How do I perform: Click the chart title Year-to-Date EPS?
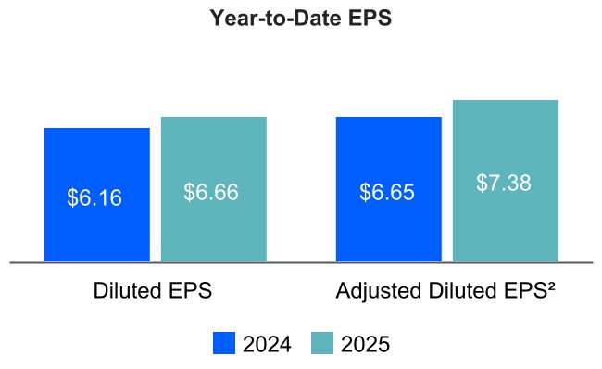pos(301,19)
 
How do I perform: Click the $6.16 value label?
pos(94,197)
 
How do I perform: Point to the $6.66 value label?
pos(211,192)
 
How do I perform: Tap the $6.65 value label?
pos(387,193)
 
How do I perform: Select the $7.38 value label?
pos(504,183)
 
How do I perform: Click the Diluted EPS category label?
pos(153,290)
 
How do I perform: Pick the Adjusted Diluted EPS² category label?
pos(445,290)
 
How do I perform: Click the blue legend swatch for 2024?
pos(224,343)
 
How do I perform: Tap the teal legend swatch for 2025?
pos(322,343)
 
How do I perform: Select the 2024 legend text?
pos(267,344)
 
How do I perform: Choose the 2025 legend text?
pos(365,344)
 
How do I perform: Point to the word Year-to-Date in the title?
pos(278,19)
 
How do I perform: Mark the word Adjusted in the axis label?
pos(374,290)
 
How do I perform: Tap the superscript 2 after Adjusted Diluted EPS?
pos(550,286)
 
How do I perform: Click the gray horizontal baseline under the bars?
pos(301,262)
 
